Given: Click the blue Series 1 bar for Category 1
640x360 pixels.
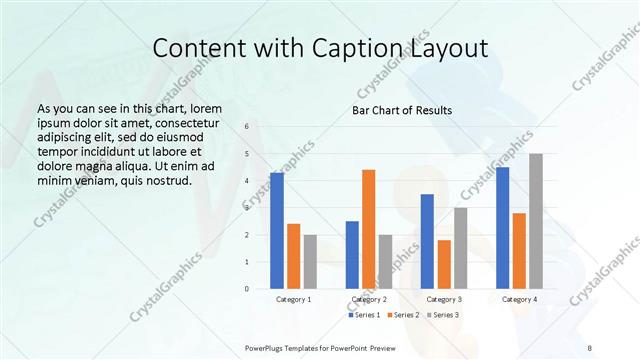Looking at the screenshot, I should click(x=277, y=230).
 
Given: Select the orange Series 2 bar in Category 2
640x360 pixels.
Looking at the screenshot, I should click(x=369, y=229).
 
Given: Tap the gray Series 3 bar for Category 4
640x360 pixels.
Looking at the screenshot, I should click(x=536, y=221).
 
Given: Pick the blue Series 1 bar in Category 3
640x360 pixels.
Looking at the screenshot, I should click(x=427, y=241).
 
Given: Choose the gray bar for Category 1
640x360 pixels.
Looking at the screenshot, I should click(x=310, y=261).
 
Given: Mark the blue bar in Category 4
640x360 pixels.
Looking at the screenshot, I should click(x=502, y=228).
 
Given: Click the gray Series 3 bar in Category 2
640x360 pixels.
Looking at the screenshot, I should click(x=386, y=261).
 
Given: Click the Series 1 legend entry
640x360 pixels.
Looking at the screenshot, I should click(x=363, y=315).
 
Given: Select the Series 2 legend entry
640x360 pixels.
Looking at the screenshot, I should click(x=403, y=315).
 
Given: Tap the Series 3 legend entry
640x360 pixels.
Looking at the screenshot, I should click(x=443, y=315).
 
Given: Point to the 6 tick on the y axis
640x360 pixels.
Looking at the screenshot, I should click(x=248, y=127).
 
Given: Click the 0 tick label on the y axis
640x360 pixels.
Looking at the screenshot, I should click(x=248, y=288).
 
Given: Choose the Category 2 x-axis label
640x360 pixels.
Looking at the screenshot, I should click(x=369, y=299).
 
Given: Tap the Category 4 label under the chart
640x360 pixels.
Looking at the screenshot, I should click(x=519, y=299).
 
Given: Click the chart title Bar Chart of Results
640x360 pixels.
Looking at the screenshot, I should click(x=402, y=110).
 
